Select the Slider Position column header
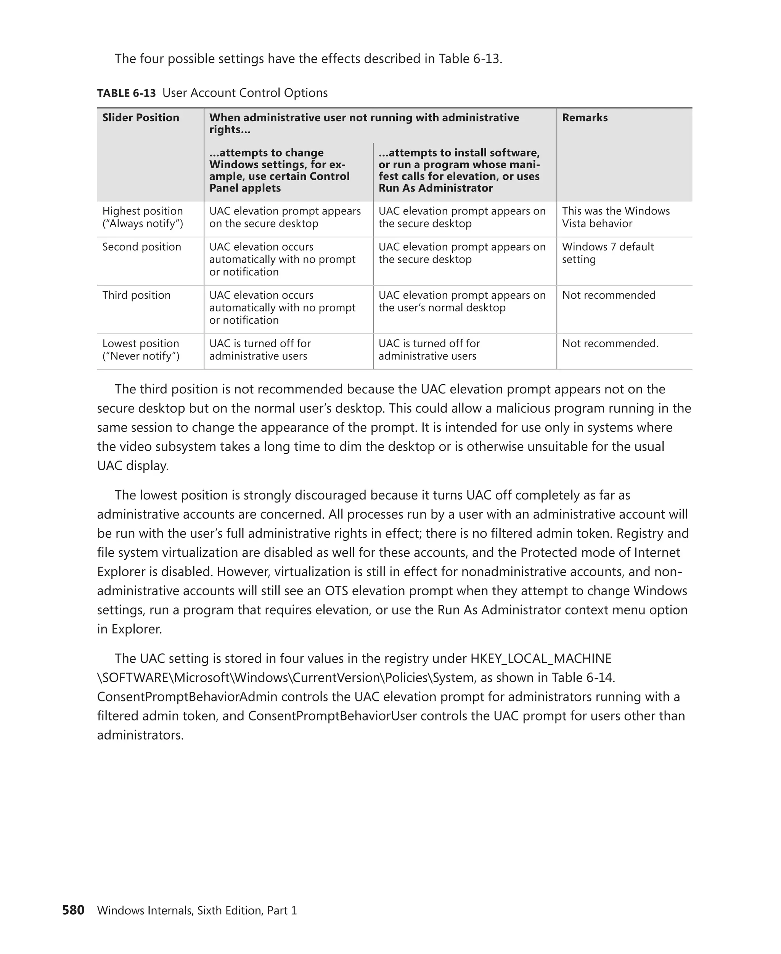click(x=140, y=118)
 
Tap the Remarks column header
click(x=584, y=118)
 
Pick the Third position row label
click(x=136, y=295)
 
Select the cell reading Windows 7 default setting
click(x=607, y=253)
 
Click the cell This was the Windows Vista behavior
click(x=615, y=217)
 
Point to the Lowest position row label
click(x=140, y=350)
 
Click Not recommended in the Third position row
click(x=608, y=295)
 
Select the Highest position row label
click(x=142, y=217)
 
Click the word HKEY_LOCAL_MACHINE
click(x=541, y=658)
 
